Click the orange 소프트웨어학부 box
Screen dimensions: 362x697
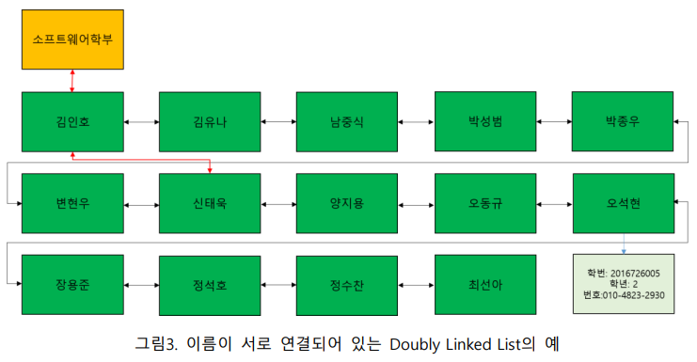coord(72,41)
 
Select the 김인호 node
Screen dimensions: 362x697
coord(72,121)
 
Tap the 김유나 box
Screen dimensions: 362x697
coord(209,121)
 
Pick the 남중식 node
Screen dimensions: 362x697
coord(347,121)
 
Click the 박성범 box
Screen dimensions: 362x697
coord(484,121)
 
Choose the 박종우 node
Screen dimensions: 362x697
coord(623,121)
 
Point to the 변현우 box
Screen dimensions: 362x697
coord(72,203)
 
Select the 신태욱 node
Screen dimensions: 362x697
coord(209,203)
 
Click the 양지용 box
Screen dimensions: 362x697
coord(347,203)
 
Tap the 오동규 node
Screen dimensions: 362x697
coord(484,203)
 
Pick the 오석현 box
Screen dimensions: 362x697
coord(623,203)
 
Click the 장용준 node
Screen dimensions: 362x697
coord(72,284)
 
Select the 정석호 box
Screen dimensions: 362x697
coord(209,284)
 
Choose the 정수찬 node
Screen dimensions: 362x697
coord(347,284)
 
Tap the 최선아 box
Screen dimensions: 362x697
coord(484,284)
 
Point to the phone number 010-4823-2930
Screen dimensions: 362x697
coord(637,295)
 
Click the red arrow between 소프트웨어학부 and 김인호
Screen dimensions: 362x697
coord(72,81)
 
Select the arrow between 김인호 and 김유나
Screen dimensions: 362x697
coord(141,122)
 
